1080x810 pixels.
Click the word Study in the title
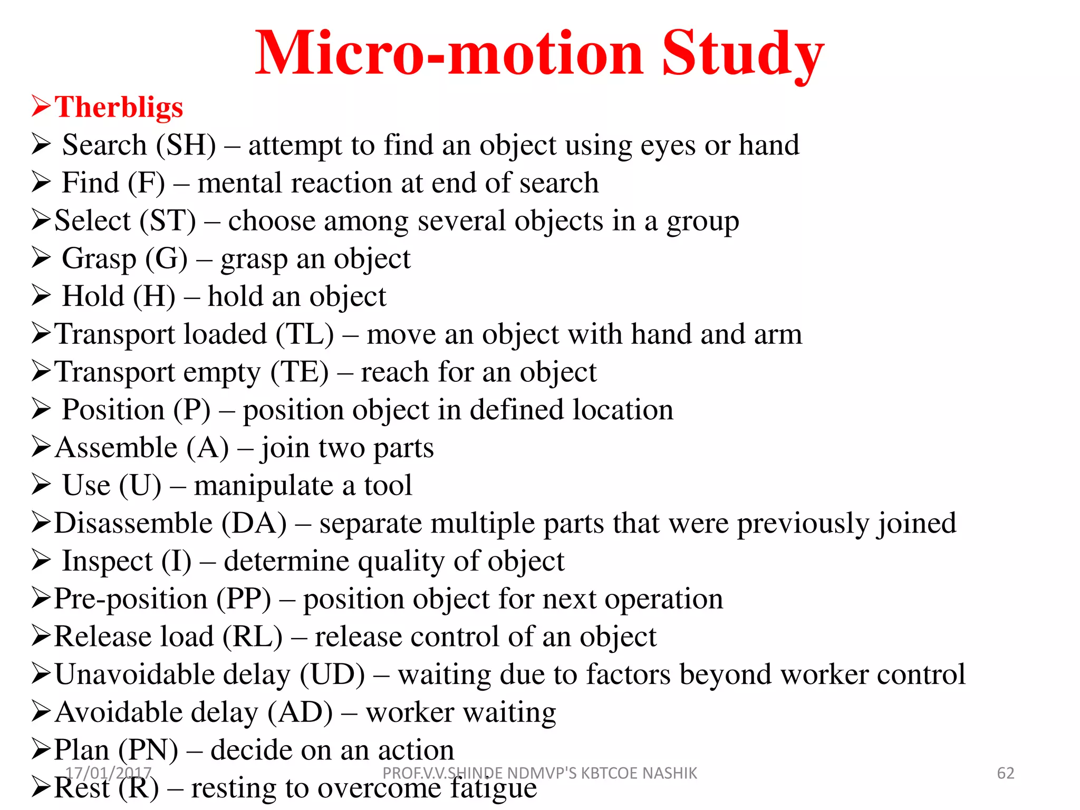point(742,54)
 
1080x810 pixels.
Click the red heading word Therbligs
point(119,107)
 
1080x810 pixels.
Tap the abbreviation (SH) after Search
point(191,145)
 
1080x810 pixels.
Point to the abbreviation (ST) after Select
point(168,220)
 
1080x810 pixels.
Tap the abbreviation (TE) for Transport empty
point(299,372)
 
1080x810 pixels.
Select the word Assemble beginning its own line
point(116,448)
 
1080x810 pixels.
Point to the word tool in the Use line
point(388,485)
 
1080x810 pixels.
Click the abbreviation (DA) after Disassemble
point(254,523)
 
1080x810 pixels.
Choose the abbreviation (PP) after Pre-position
point(244,599)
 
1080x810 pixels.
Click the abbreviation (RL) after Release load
point(252,637)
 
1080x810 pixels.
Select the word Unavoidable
point(172,674)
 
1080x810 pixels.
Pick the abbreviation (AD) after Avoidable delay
point(300,712)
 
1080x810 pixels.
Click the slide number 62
point(1005,773)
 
